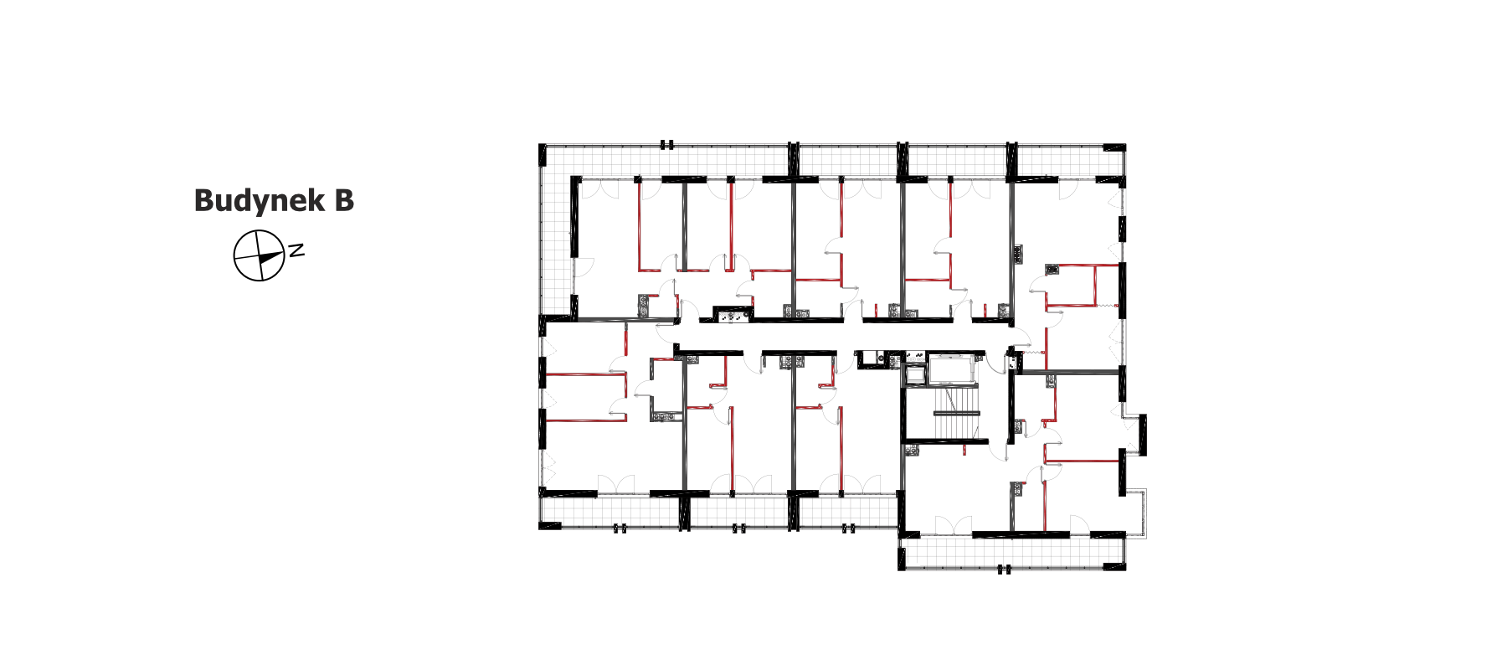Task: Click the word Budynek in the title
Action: (260, 201)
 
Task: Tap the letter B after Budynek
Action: (344, 200)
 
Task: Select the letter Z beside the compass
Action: (296, 250)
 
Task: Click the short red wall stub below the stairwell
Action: (964, 449)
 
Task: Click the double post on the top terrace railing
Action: (666, 145)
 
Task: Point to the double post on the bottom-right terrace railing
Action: (1004, 569)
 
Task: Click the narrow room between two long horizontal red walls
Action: (585, 397)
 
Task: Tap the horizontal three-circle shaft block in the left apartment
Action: (733, 315)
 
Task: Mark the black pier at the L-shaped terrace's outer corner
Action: (543, 156)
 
